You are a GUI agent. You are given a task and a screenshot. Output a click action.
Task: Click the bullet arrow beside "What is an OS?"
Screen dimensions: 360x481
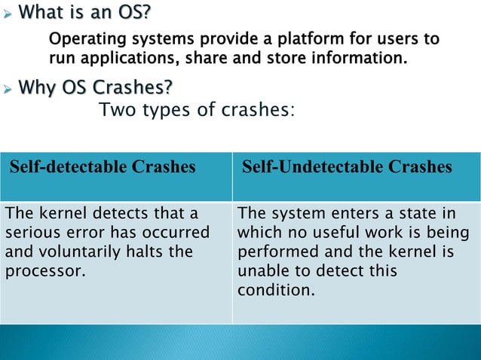click(x=7, y=14)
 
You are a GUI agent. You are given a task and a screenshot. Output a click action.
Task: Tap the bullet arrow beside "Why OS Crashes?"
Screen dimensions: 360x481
click(x=7, y=90)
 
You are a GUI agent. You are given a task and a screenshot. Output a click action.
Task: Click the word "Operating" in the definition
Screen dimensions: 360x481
click(x=81, y=38)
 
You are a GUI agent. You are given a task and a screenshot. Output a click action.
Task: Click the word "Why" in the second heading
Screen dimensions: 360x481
click(x=34, y=90)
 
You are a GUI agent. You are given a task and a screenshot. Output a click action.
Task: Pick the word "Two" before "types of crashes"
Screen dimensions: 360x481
click(x=116, y=111)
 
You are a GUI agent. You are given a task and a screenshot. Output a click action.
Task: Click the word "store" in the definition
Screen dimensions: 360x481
click(x=299, y=56)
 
